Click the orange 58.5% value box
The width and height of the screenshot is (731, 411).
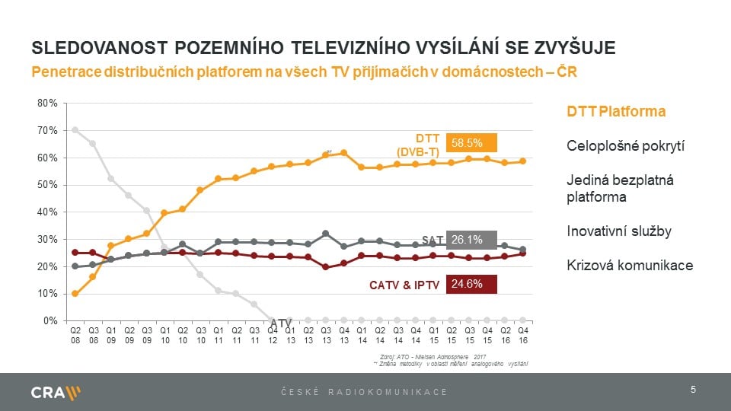point(471,142)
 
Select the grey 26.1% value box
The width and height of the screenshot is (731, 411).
point(471,240)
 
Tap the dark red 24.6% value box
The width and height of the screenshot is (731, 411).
point(471,285)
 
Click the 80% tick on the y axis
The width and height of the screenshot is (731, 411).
point(47,104)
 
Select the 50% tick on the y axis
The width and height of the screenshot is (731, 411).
point(47,185)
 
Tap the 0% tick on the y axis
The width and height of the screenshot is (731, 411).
point(50,320)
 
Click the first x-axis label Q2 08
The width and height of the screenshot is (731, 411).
point(75,336)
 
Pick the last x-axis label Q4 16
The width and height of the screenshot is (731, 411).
point(523,336)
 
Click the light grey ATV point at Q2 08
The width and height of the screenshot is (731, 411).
point(75,129)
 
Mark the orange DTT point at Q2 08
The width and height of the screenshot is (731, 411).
point(75,294)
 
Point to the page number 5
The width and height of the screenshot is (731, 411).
point(693,390)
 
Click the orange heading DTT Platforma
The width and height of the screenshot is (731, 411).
point(616,112)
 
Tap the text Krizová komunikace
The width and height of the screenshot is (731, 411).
point(629,266)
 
